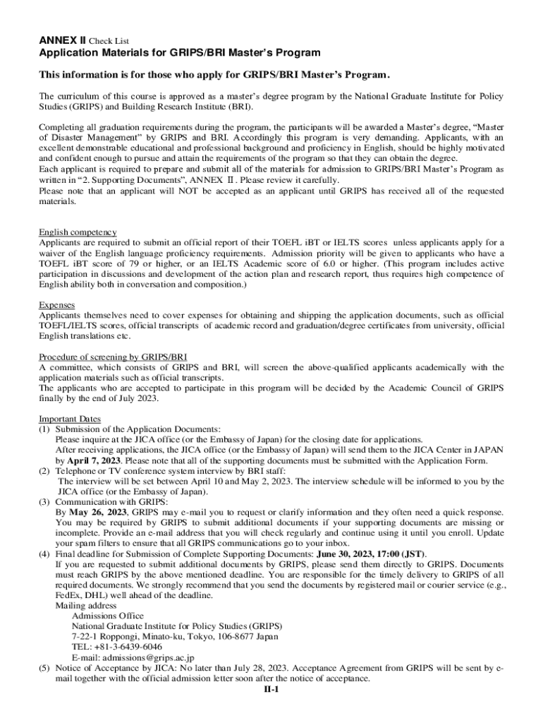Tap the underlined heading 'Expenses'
[57, 304]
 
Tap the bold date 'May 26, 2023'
[98, 512]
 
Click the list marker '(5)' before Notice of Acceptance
[44, 668]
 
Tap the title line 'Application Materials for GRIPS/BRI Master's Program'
[169, 53]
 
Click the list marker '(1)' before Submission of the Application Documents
[44, 429]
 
